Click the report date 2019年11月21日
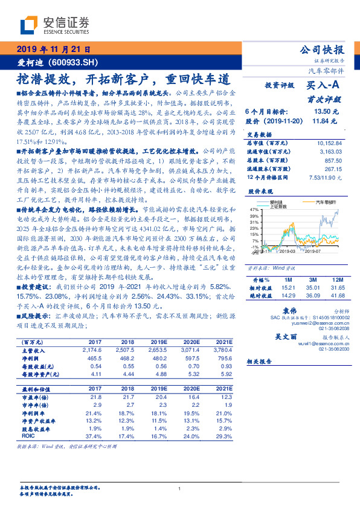53,50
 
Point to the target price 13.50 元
322,112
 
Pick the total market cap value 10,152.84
329,143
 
